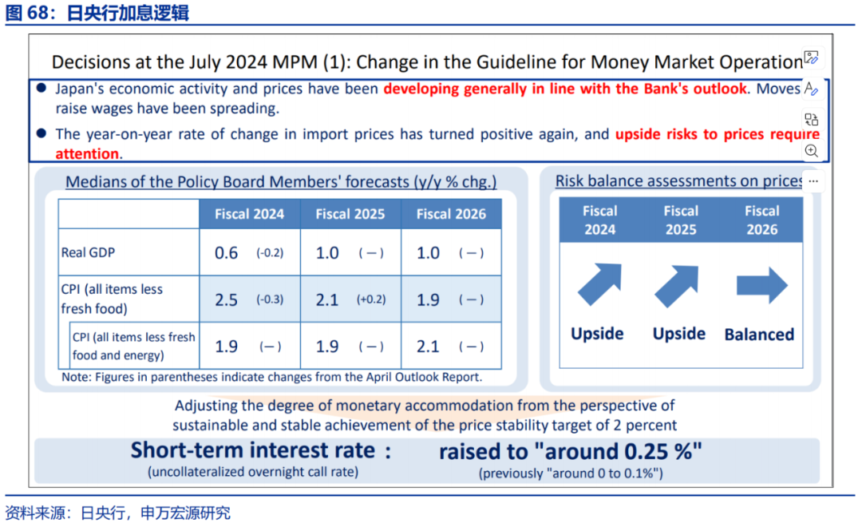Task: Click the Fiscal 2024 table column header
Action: coord(249,214)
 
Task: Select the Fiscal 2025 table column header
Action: coord(350,214)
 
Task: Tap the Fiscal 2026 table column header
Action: coord(451,214)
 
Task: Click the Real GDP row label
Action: coord(88,252)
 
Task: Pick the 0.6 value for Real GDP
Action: coord(226,253)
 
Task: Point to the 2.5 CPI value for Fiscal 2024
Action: coord(226,300)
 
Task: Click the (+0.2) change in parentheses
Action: coord(371,300)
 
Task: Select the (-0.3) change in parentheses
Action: coord(270,300)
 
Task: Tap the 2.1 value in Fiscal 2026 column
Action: coord(428,347)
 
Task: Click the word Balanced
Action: coord(759,335)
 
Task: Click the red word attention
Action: coord(87,153)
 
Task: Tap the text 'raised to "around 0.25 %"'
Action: coord(570,451)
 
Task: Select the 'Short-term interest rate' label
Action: coord(253,450)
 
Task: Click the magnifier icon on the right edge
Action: coord(812,151)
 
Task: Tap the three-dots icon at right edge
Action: coord(813,181)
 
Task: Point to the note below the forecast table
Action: coord(271,376)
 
